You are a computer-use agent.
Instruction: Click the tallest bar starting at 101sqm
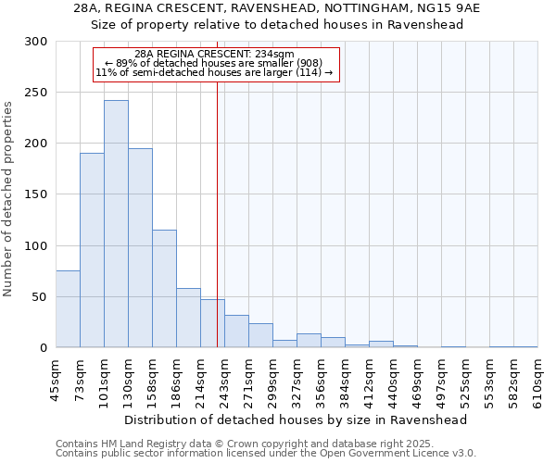[x=116, y=224]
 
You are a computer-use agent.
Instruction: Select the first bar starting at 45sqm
[x=68, y=309]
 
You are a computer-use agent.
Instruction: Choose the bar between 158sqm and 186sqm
[x=164, y=289]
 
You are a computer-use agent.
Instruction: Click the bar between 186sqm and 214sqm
[x=188, y=318]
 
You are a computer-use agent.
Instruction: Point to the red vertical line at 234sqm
[x=217, y=213]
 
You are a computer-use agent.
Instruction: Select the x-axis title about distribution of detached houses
[x=296, y=419]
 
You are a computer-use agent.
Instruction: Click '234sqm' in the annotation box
[x=275, y=55]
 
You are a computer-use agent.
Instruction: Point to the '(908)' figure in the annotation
[x=308, y=63]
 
